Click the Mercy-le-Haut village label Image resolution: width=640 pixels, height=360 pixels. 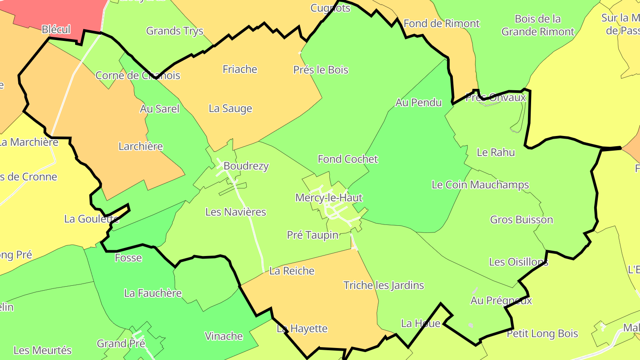click(329, 198)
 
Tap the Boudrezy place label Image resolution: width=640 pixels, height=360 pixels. click(246, 166)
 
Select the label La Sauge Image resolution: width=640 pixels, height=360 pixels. click(230, 108)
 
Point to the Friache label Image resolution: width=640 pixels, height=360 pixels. click(240, 69)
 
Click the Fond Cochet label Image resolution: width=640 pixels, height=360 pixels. click(348, 159)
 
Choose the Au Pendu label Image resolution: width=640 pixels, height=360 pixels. click(419, 102)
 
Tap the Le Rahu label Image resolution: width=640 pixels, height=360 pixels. click(496, 152)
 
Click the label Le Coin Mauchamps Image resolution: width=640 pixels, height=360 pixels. click(480, 184)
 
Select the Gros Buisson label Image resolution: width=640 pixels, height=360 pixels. click(521, 220)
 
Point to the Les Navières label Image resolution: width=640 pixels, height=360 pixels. click(236, 212)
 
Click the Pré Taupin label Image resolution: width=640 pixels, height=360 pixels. click(312, 235)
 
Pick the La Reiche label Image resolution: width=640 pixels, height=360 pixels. click(292, 271)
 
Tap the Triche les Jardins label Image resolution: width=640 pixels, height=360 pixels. click(384, 285)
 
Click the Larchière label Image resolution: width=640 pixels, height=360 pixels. click(140, 146)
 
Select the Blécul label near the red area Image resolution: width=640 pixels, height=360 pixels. click(56, 30)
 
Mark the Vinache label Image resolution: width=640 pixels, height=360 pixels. click(224, 336)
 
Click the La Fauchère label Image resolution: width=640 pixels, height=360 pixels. click(153, 293)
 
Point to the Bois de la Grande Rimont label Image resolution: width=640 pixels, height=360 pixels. click(538, 25)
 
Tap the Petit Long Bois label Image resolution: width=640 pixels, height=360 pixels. click(542, 333)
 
